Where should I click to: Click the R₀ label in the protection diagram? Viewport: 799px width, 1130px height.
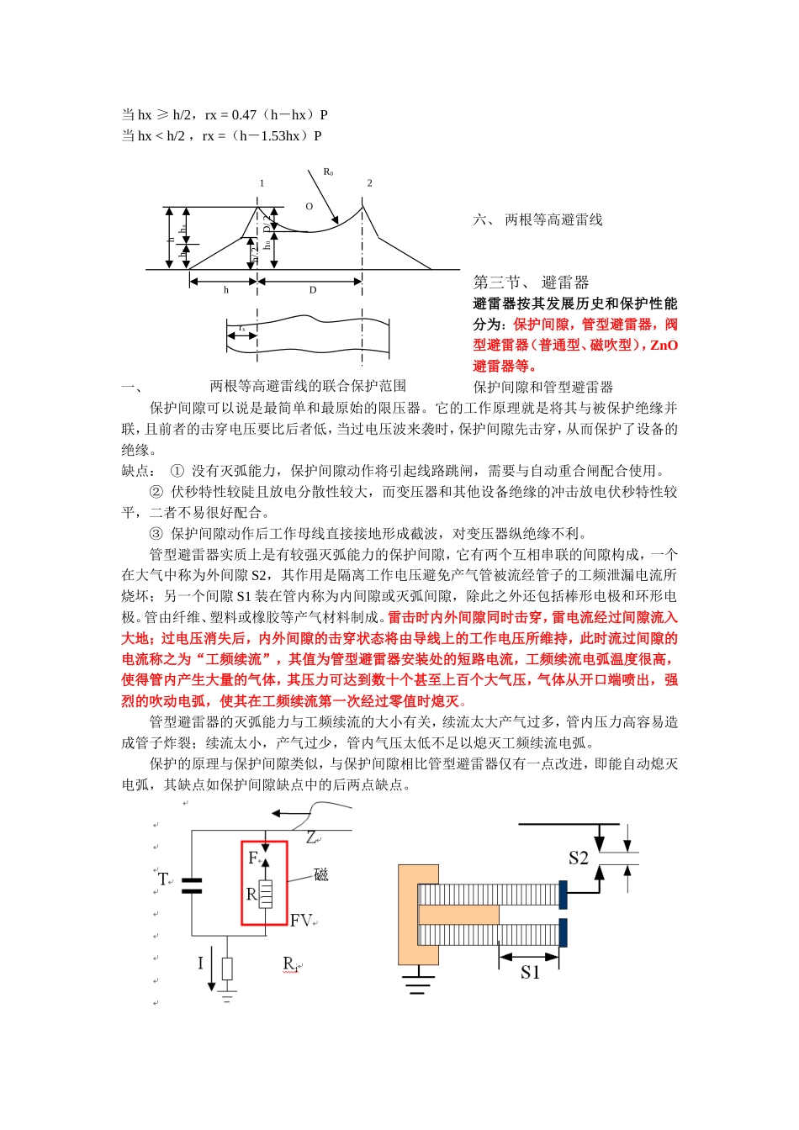(328, 172)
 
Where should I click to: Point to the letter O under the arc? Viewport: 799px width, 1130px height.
(309, 206)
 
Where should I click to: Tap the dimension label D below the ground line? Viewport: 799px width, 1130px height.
(313, 290)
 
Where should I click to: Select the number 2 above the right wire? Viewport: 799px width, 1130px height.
(369, 182)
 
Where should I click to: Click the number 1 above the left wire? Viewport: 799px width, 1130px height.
(262, 182)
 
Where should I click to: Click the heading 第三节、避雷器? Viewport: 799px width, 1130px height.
(531, 282)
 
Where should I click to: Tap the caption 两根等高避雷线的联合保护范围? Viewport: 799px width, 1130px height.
(308, 386)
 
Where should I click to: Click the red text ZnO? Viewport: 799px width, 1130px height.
(664, 345)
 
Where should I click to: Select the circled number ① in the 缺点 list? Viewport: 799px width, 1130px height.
(177, 471)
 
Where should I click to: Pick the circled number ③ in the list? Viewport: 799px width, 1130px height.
(156, 534)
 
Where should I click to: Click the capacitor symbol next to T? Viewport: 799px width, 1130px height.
(192, 884)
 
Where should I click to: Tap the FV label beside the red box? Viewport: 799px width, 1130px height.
(301, 921)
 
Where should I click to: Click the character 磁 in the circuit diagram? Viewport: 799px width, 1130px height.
(320, 875)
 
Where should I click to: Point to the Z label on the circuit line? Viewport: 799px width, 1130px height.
(311, 837)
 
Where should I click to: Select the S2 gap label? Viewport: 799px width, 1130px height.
(578, 858)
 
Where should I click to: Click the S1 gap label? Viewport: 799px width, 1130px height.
(530, 972)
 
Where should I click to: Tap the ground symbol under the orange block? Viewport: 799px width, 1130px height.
(417, 983)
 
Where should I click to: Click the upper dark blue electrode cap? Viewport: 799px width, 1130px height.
(563, 895)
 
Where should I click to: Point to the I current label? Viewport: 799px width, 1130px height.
(200, 963)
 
